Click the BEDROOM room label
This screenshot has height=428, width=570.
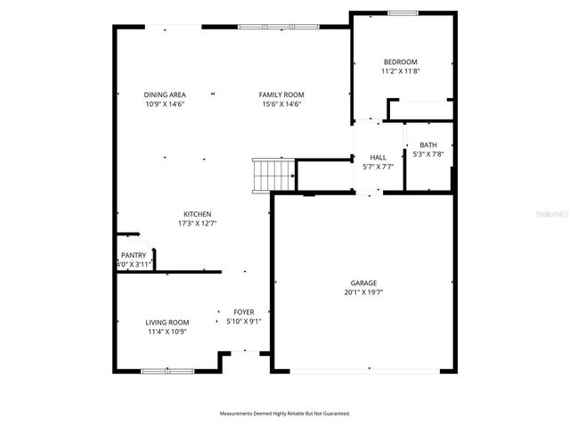click(400, 62)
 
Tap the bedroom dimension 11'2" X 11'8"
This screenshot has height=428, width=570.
click(400, 70)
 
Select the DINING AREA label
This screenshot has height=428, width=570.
click(165, 95)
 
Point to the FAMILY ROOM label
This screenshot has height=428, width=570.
click(281, 95)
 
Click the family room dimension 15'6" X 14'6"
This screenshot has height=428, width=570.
click(281, 103)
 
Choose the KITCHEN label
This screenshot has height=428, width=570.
click(197, 214)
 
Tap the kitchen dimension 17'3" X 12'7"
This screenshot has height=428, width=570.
click(197, 223)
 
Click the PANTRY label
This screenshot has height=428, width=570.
click(134, 255)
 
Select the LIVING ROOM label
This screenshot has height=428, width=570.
click(167, 323)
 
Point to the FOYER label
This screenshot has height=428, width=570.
click(243, 312)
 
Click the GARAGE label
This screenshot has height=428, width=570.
click(363, 283)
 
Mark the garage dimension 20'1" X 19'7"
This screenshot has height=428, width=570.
click(363, 292)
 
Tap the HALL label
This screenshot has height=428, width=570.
click(378, 156)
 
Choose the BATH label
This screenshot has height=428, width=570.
click(428, 145)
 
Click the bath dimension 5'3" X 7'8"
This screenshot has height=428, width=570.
click(428, 154)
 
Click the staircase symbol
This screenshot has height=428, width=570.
click(273, 175)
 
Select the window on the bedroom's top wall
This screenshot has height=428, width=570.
click(403, 12)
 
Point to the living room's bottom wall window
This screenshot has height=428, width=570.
click(167, 370)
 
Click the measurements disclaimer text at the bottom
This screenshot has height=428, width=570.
click(285, 413)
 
